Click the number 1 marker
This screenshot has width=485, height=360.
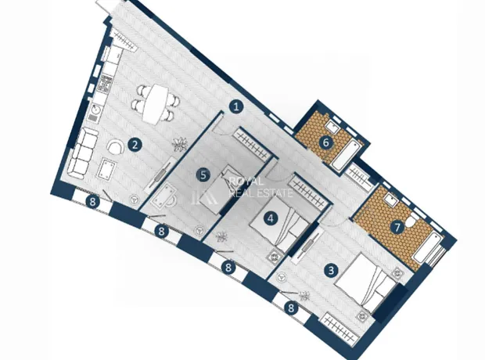(236, 107)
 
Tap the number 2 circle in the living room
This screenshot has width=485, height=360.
(135, 145)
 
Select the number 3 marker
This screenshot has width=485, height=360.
(331, 271)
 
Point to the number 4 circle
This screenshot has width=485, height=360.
(271, 218)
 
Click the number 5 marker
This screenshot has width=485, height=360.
(203, 175)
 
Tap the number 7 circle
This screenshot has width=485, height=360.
(397, 228)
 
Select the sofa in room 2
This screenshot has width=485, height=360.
(81, 154)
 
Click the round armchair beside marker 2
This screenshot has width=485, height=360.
(116, 146)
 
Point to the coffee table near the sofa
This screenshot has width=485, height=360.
(106, 169)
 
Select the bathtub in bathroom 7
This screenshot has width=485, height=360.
(429, 248)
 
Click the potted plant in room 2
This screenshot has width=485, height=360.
(180, 144)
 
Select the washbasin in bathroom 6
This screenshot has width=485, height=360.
(332, 126)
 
